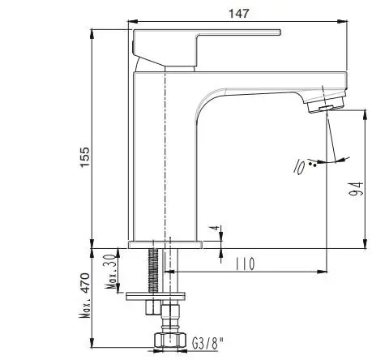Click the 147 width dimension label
click(x=238, y=13)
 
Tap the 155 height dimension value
click(x=84, y=157)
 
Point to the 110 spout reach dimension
click(x=245, y=264)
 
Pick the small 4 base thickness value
click(x=215, y=228)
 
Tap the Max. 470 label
click(x=84, y=294)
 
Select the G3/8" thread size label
click(x=208, y=344)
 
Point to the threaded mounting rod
click(x=153, y=270)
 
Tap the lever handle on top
click(x=207, y=48)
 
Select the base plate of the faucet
click(x=165, y=245)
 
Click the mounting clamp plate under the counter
click(x=156, y=296)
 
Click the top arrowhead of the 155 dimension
click(x=92, y=34)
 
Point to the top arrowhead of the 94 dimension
click(x=366, y=115)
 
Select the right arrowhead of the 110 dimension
click(x=322, y=272)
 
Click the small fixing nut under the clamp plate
click(x=151, y=307)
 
